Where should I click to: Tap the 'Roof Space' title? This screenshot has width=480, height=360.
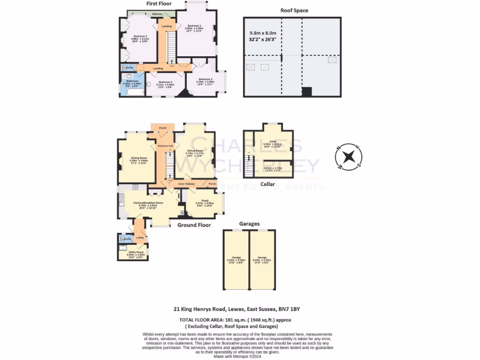294,10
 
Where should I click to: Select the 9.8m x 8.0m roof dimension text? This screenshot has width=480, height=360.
262,33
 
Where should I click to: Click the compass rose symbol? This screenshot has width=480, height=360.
348,157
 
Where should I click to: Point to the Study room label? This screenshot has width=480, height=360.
205,202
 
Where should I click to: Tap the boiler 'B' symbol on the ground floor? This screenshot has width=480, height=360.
182,213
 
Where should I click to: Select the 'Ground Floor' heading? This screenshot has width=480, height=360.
194,225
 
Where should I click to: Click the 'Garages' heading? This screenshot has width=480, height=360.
249,224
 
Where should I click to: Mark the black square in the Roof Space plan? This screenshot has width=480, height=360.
307,91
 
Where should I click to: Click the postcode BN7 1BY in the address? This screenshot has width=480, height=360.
289,309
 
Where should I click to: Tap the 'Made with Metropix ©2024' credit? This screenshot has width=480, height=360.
240,357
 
